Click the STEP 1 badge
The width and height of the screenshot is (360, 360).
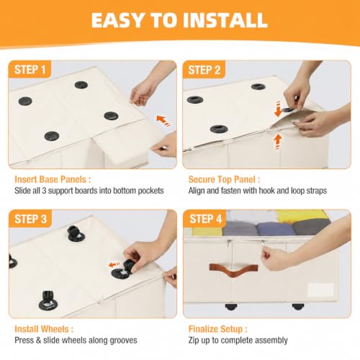(x=30, y=70)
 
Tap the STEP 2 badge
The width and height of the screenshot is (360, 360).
(x=204, y=70)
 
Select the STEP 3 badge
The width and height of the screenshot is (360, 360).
(x=30, y=219)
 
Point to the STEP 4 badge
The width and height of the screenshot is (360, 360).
(x=205, y=219)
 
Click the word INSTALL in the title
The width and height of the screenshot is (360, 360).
(x=225, y=20)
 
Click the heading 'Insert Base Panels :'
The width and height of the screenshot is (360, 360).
(x=53, y=179)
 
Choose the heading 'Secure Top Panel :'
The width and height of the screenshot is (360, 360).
(x=224, y=179)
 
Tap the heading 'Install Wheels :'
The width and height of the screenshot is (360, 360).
(x=44, y=329)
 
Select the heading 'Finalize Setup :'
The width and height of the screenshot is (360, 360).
(x=217, y=329)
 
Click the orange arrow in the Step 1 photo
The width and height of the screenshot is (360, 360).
(x=163, y=121)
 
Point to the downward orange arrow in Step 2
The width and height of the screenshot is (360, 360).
(x=278, y=109)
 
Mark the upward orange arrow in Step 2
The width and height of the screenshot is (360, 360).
(x=278, y=142)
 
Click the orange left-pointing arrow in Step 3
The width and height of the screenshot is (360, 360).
(x=114, y=265)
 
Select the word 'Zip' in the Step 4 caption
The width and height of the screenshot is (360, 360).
(x=194, y=341)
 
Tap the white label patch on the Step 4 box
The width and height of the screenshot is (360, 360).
(x=321, y=289)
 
